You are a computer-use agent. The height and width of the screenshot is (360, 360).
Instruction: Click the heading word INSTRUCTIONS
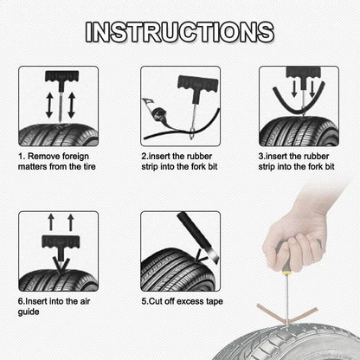[x=180, y=32]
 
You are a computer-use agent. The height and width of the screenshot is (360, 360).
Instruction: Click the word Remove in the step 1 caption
[x=45, y=156]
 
